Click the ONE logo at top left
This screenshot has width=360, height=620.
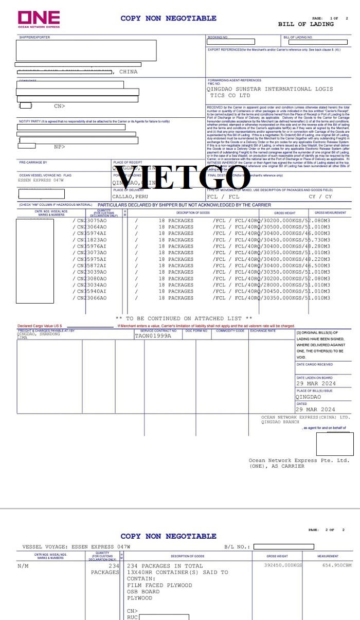[39, 19]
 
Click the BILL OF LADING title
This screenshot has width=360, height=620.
[305, 24]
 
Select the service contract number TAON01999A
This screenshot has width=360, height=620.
[153, 335]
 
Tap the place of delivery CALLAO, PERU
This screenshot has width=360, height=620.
[131, 197]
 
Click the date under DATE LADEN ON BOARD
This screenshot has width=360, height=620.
[315, 383]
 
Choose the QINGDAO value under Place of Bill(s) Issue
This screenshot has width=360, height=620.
[308, 397]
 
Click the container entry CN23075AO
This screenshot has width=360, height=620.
[91, 221]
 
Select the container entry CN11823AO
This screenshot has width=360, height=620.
[91, 240]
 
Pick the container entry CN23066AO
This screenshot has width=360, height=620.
[91, 298]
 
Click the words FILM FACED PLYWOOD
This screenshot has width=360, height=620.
[159, 585]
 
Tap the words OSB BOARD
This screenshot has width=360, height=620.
[143, 592]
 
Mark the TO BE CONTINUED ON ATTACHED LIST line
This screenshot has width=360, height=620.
[184, 318]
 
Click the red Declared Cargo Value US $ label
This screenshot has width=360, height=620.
[40, 326]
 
